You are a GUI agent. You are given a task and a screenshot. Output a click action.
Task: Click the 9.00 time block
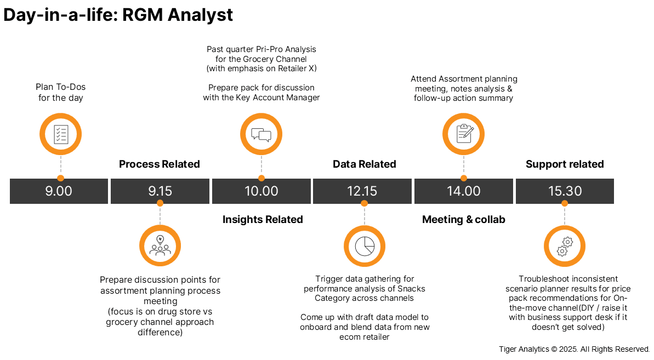pos(59,191)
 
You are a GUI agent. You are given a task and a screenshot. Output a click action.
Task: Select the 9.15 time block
pos(160,191)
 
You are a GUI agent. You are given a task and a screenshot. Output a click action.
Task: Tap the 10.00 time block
pos(261,191)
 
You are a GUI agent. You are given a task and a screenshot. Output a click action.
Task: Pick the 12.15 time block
pos(362,191)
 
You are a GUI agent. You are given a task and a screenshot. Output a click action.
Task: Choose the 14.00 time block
pos(464,191)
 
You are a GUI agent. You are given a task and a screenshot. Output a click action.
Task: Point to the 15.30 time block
pos(565,191)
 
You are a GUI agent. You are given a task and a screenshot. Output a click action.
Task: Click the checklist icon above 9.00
pos(61,134)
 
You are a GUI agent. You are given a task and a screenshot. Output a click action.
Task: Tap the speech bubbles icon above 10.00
pos(261,134)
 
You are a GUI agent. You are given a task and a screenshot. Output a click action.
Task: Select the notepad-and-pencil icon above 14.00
pos(464,134)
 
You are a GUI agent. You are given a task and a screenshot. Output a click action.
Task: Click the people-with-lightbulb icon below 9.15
pos(160,246)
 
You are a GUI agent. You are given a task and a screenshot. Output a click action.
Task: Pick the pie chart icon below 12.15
pos(365,246)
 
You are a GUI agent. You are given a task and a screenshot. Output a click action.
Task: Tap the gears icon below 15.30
pos(565,246)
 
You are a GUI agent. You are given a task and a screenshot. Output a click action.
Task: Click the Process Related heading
pos(160,164)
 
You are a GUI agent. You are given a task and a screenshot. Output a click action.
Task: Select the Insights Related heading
pos(263,220)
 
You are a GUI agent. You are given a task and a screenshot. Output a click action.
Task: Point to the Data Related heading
pos(365,164)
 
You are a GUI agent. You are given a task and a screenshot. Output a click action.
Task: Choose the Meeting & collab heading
pos(464,220)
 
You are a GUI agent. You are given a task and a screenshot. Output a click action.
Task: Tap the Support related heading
pos(565,164)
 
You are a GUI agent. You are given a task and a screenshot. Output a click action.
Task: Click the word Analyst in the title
pos(200,15)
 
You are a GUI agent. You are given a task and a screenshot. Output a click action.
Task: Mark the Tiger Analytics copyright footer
pos(575,349)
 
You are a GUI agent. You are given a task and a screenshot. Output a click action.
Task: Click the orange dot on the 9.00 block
pos(61,178)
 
